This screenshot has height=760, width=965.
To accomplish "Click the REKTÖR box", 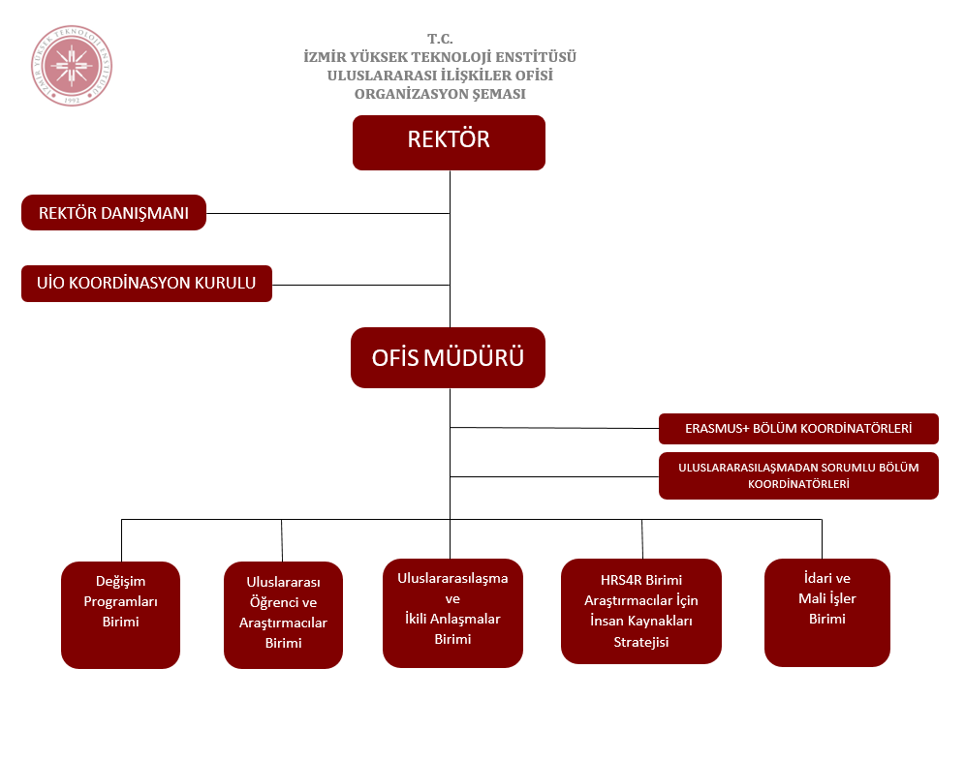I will click(x=449, y=142).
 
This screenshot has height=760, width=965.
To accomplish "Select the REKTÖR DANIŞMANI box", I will click(x=113, y=213).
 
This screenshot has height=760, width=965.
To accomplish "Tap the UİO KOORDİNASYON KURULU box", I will click(x=146, y=284).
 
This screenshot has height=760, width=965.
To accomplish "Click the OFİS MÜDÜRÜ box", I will click(x=448, y=357).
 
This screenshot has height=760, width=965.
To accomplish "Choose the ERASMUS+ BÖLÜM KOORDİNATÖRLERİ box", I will click(x=798, y=428).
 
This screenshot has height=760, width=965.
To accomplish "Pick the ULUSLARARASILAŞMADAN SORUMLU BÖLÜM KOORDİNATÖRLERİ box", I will click(x=798, y=475).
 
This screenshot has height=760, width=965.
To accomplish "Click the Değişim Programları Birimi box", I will click(x=120, y=615).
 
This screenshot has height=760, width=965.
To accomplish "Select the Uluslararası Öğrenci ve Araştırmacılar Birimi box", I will click(x=283, y=615).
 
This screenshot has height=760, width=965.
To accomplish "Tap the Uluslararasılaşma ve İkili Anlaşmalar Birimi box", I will click(x=452, y=612).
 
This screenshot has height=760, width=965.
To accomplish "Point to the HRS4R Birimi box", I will click(x=640, y=610).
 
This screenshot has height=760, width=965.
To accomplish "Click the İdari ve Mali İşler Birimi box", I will click(x=826, y=612).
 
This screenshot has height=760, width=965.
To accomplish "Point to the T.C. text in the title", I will click(x=440, y=39).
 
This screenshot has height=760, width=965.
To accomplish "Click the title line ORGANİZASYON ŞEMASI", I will click(x=440, y=94).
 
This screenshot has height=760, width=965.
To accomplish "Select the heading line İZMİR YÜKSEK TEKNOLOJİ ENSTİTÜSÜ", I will click(x=440, y=57).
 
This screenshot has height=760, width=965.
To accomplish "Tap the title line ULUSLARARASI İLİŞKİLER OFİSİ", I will click(x=440, y=76).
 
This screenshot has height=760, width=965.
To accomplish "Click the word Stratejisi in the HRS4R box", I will click(x=640, y=641).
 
